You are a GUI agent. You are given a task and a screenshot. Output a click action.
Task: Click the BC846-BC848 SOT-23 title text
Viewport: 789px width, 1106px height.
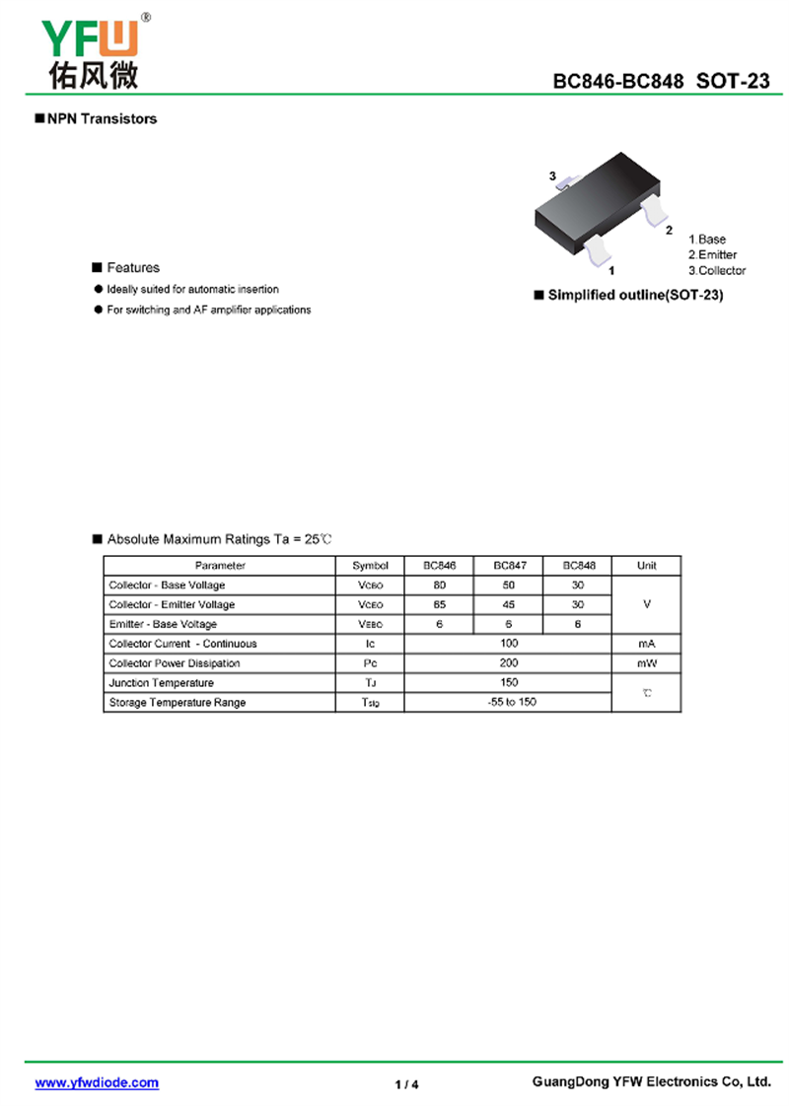(x=661, y=82)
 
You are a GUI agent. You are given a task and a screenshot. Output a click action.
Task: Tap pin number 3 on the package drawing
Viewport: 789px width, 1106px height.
(x=553, y=175)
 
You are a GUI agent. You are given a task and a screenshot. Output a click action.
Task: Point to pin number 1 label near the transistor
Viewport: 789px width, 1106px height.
(x=612, y=269)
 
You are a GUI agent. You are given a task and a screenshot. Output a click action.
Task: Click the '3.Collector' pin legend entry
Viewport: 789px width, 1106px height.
(x=717, y=270)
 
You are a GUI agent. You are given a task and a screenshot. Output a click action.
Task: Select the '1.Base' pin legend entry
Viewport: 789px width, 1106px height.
(x=707, y=240)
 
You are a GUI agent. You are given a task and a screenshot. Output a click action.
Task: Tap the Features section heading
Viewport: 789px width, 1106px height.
(x=132, y=268)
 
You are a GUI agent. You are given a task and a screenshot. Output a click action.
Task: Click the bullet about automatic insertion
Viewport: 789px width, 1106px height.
(x=192, y=290)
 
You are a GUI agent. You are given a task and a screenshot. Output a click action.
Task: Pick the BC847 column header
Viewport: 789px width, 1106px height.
(x=509, y=566)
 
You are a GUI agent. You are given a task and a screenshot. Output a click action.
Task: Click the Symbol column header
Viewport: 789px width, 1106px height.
(x=371, y=566)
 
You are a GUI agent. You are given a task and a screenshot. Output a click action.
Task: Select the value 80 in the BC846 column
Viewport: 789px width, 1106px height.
(x=440, y=586)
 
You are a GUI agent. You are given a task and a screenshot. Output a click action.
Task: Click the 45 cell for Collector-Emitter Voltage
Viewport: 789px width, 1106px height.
(x=509, y=604)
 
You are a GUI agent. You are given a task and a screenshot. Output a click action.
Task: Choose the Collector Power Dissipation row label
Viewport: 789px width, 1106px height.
(x=175, y=663)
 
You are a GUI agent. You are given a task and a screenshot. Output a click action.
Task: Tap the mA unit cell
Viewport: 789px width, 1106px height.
(x=646, y=644)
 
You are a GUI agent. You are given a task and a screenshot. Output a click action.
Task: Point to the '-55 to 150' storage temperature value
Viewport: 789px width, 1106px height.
(x=510, y=702)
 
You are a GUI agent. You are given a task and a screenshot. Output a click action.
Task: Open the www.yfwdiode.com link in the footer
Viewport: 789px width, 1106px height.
(x=97, y=1082)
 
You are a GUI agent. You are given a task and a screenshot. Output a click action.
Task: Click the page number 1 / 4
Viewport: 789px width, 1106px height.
(x=406, y=1084)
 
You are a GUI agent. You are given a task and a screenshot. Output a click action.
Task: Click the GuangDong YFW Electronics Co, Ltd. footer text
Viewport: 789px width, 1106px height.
(x=651, y=1081)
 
